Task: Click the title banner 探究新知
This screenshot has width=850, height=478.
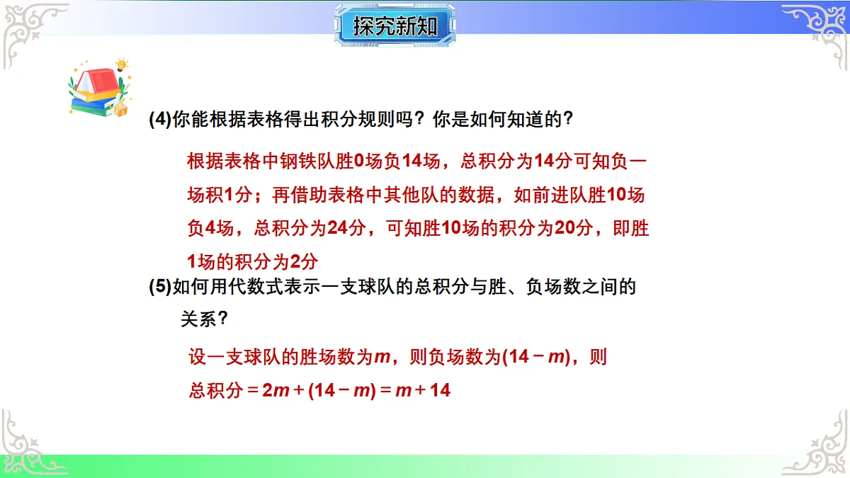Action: (395, 26)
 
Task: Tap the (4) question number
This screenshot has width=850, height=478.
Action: (160, 120)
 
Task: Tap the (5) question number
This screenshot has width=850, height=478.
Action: (160, 287)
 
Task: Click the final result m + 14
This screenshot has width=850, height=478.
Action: (422, 390)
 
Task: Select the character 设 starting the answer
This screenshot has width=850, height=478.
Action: (197, 357)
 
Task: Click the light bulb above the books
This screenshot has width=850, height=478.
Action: (122, 65)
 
